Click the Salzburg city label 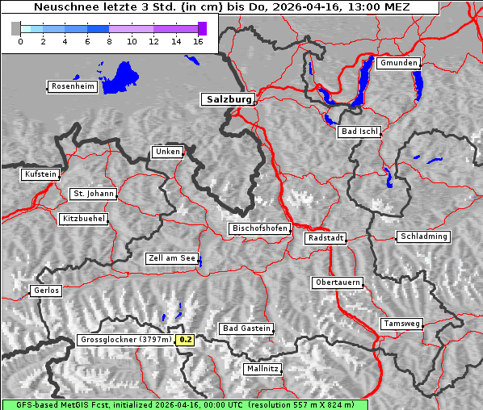227,99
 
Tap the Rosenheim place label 73,86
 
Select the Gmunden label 398,63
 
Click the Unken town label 167,152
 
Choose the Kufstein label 40,174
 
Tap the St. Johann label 94,194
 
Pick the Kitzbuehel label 83,219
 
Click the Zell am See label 172,258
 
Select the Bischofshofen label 259,228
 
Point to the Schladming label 422,236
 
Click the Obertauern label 337,282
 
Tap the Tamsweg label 401,324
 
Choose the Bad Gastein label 246,328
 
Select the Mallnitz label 262,368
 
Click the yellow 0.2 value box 186,340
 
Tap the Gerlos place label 46,291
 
